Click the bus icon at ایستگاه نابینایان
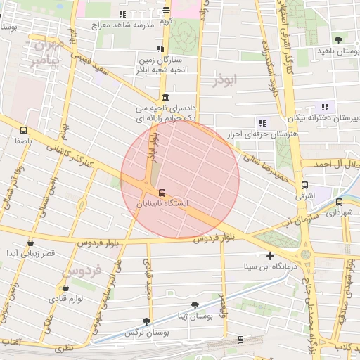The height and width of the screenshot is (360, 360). (162, 192)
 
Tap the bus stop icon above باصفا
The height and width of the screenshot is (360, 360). (24, 130)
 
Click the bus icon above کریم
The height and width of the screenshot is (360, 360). (166, 11)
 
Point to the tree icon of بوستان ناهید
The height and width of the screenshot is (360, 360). (340, 39)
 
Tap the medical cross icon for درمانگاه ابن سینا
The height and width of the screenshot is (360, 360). (270, 256)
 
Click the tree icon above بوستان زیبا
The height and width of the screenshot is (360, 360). (195, 305)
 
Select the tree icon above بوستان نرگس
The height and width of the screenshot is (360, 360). (146, 321)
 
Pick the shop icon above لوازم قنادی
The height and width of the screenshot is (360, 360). (65, 288)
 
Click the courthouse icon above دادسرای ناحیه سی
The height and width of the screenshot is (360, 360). (165, 97)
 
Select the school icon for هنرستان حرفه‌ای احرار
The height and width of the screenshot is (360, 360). (262, 123)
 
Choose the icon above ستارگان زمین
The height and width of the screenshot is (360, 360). (161, 49)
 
